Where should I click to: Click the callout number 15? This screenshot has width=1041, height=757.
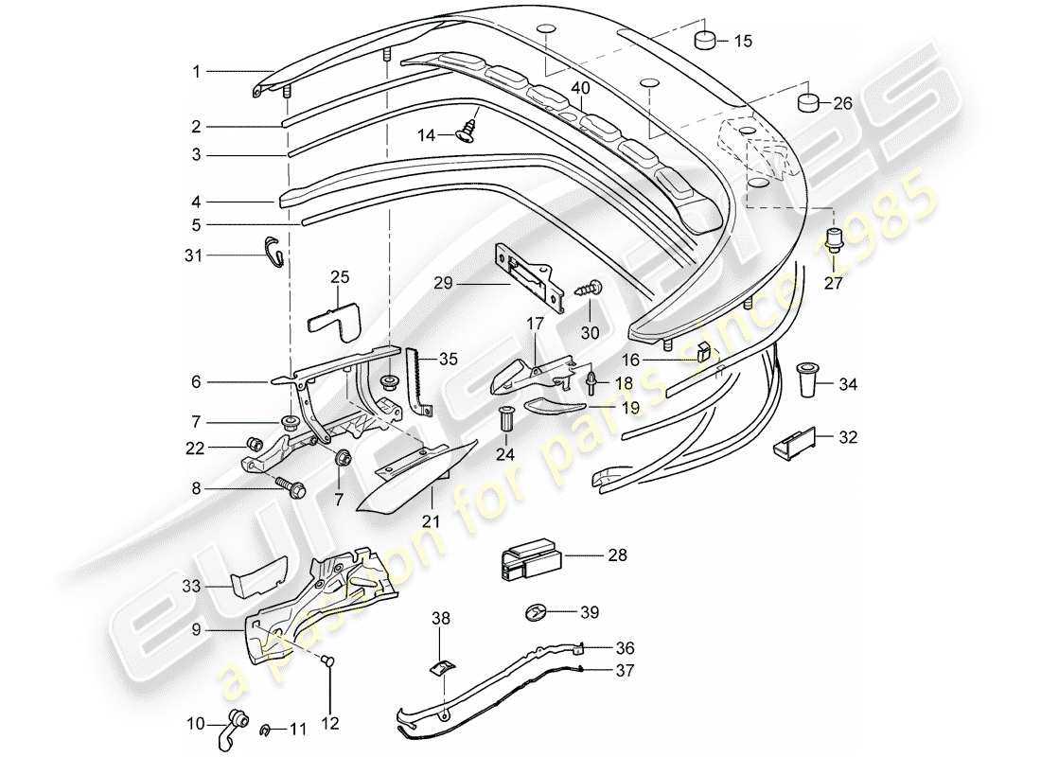pyautogui.click(x=743, y=41)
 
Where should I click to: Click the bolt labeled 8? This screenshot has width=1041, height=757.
pyautogui.click(x=294, y=489)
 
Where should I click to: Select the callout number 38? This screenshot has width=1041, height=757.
pyautogui.click(x=441, y=619)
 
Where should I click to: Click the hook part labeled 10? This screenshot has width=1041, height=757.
pyautogui.click(x=234, y=728)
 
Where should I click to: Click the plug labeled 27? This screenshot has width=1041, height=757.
pyautogui.click(x=835, y=239)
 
